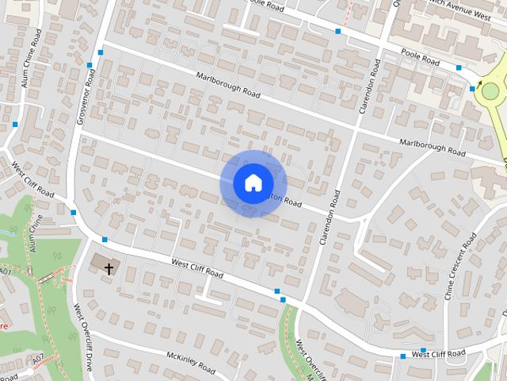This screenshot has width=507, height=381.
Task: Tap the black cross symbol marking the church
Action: tap(109, 268)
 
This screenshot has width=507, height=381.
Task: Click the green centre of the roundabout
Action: tap(490, 91)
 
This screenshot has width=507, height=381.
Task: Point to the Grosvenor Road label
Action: tap(86, 98)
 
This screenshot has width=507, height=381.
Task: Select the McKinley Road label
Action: tap(191, 363)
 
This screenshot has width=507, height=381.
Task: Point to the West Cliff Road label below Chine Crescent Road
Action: tap(438, 353)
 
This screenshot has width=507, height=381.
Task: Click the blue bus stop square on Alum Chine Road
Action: tap(15, 124)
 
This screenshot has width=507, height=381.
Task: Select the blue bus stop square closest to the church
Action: tap(105, 239)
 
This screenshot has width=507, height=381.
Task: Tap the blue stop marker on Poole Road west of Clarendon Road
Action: tap(338, 31)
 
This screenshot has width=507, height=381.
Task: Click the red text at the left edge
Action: tap(4, 326)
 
